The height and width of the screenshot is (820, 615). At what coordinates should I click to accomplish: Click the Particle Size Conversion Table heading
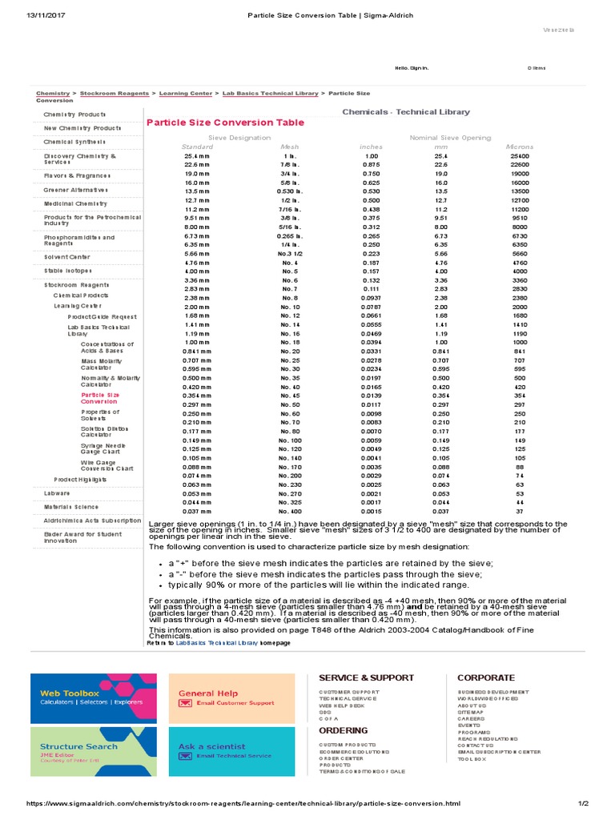pos(225,123)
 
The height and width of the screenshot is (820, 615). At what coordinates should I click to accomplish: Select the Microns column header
pos(519,147)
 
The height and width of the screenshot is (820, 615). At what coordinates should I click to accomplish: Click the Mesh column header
pos(289,147)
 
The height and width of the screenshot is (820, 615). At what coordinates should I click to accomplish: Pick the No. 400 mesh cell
pos(290,511)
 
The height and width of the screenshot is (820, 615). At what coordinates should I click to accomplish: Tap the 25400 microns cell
pos(519,156)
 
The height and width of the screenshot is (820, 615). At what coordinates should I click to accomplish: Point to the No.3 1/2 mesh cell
pos(290,253)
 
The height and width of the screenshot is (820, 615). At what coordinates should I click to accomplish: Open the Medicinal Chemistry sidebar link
pos(75,204)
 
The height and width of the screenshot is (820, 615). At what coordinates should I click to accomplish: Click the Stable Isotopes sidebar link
pos(70,271)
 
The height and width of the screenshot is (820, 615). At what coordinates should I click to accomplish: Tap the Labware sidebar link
pos(57,493)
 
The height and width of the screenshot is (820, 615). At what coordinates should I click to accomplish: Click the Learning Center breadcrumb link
pos(185,94)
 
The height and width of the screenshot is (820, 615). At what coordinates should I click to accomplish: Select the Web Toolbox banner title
pos(70,693)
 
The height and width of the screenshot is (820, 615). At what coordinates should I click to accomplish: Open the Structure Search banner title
pos(78,746)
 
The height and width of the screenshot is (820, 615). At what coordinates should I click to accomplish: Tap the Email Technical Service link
pos(234,756)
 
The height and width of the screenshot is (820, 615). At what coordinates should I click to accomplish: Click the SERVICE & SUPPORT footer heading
pos(355,678)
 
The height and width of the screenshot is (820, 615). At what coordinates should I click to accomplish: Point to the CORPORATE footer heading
pos(486,678)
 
